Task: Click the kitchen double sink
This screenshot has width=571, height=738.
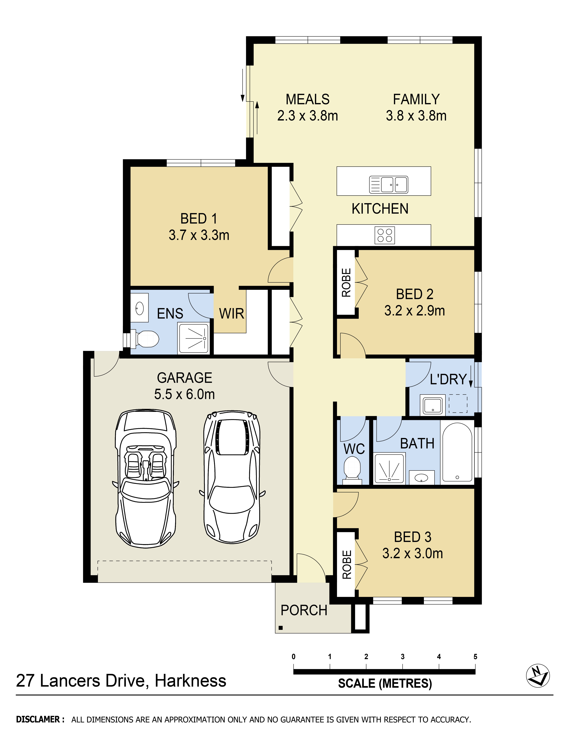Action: point(389,184)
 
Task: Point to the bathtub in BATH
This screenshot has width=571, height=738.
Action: point(457,452)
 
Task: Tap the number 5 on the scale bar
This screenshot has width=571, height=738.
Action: point(475,657)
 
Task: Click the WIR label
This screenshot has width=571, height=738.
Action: point(231,314)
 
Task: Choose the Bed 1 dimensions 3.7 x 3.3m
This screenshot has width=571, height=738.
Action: point(199,235)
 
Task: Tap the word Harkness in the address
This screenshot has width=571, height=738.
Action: point(191,681)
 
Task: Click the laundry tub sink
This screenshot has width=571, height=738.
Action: point(433,405)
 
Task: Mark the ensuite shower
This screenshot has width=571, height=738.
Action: point(193,338)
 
